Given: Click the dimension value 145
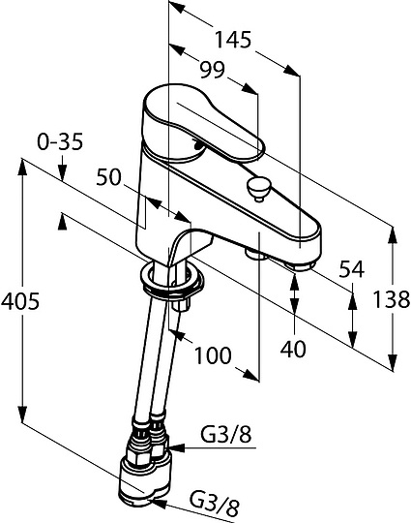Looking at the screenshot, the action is point(232,40).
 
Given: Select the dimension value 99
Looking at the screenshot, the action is point(213,70).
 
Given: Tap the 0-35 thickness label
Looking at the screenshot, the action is point(60,142).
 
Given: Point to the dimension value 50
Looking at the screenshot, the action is point(108,177).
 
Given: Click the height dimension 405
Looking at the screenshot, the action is point(20,301).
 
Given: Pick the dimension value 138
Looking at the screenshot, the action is point(391,299).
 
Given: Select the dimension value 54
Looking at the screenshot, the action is point(352,269).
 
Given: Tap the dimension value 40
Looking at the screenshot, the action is point(293,349).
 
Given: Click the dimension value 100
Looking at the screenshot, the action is point(213,354).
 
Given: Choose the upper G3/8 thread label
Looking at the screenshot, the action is point(226,435).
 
